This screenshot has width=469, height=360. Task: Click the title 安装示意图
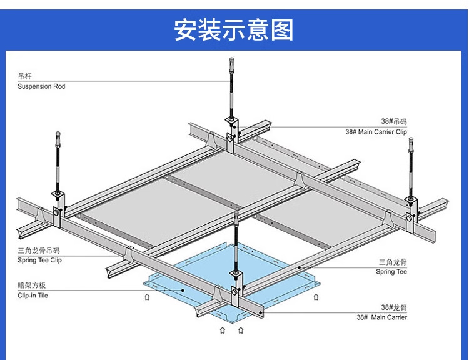tap(234, 30)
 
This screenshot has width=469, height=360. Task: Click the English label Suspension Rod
tap(41, 86)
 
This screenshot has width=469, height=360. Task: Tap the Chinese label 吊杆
tap(24, 76)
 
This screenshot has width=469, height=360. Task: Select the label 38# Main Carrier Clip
tap(376, 132)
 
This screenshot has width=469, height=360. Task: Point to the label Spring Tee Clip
tap(39, 260)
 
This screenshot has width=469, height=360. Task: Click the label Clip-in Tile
tap(33, 295)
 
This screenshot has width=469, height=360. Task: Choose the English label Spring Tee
tap(391, 272)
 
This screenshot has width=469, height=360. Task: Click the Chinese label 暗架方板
tap(32, 286)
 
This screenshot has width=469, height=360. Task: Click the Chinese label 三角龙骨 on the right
tap(393, 262)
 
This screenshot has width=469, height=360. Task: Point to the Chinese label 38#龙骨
tap(394, 307)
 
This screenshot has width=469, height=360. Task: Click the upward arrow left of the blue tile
tap(147, 297)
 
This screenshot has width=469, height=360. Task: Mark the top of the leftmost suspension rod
tap(58, 135)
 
